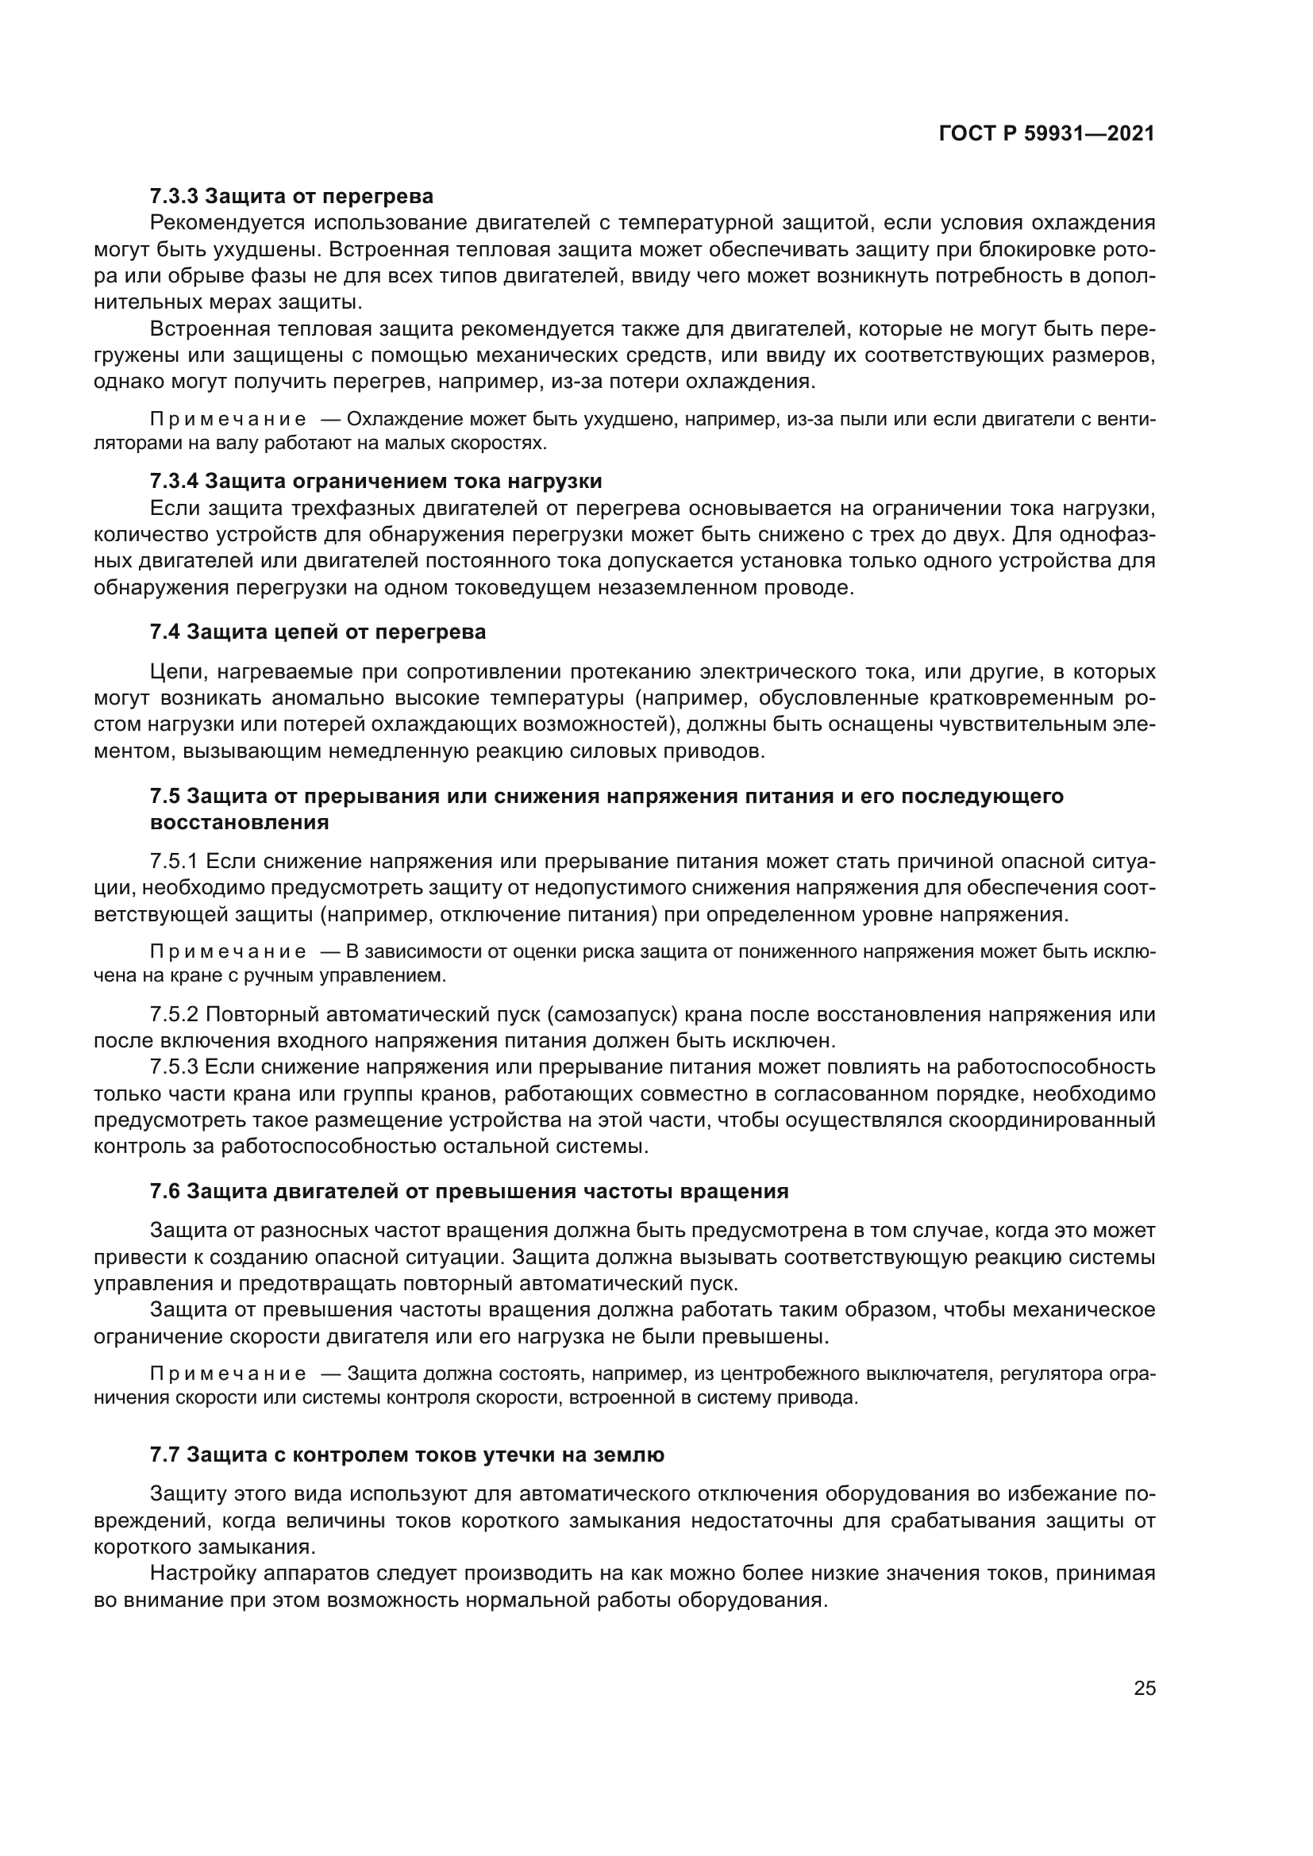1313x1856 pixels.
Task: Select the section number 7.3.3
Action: [174, 197]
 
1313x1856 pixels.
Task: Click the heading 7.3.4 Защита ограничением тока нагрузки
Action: [376, 482]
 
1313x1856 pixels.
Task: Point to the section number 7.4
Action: [165, 632]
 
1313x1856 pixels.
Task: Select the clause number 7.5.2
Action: [174, 1015]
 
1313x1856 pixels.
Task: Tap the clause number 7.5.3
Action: [174, 1067]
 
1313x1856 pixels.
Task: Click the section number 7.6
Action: [165, 1192]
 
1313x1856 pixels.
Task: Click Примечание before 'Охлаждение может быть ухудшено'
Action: [228, 420]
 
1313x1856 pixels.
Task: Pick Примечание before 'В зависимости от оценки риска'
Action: [228, 951]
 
